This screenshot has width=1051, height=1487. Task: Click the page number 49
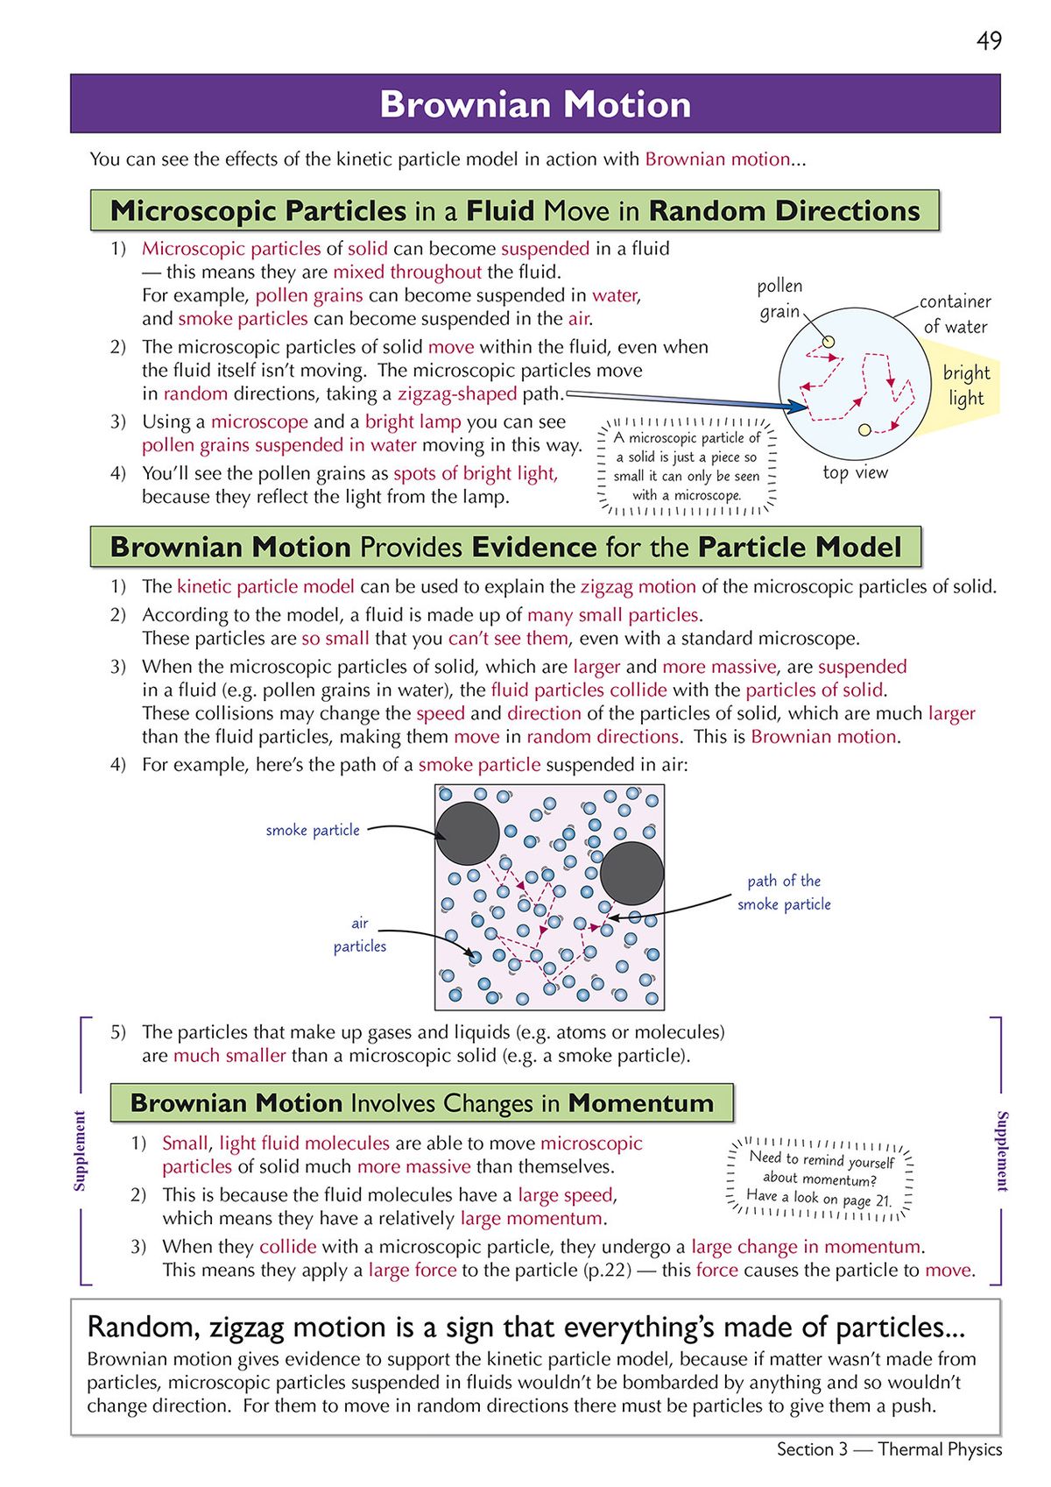[988, 41]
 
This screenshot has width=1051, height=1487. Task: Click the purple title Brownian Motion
[535, 104]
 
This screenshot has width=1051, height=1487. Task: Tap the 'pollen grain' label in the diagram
[779, 298]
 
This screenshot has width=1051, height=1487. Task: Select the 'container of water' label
[955, 314]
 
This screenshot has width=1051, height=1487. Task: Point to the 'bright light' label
[966, 386]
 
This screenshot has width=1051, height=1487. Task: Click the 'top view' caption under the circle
[855, 472]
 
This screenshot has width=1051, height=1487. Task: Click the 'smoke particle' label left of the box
[313, 830]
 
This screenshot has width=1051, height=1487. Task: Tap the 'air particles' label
[359, 934]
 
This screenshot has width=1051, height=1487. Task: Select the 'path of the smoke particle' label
[784, 892]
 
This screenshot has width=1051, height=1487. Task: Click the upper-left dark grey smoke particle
[468, 833]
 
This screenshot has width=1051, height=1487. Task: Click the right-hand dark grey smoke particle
[631, 874]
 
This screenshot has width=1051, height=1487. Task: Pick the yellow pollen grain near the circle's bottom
[864, 429]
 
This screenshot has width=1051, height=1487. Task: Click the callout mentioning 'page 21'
[820, 1178]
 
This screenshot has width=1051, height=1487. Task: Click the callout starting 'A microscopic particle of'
[687, 466]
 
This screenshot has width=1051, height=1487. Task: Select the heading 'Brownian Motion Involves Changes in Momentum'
[421, 1102]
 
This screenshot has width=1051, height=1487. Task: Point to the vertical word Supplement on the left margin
[80, 1151]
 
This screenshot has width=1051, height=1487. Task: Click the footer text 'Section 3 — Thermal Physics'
[889, 1449]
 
